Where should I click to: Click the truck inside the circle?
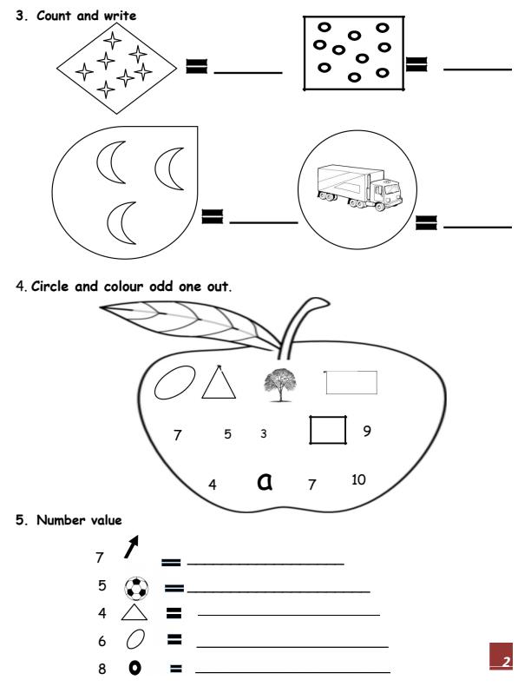pyautogui.click(x=357, y=187)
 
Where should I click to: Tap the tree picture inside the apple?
pyautogui.click(x=279, y=386)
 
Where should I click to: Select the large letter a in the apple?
pyautogui.click(x=265, y=480)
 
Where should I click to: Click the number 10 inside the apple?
pyautogui.click(x=358, y=478)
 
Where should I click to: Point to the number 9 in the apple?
pyautogui.click(x=367, y=430)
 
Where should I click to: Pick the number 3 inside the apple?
pyautogui.click(x=263, y=433)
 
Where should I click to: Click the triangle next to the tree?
pyautogui.click(x=219, y=382)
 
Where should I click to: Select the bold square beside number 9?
pyautogui.click(x=328, y=430)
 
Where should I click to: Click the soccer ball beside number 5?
pyautogui.click(x=136, y=588)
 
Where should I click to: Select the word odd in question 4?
pyautogui.click(x=158, y=286)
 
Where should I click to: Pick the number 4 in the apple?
pyautogui.click(x=213, y=484)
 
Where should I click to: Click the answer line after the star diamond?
pyautogui.click(x=247, y=71)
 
